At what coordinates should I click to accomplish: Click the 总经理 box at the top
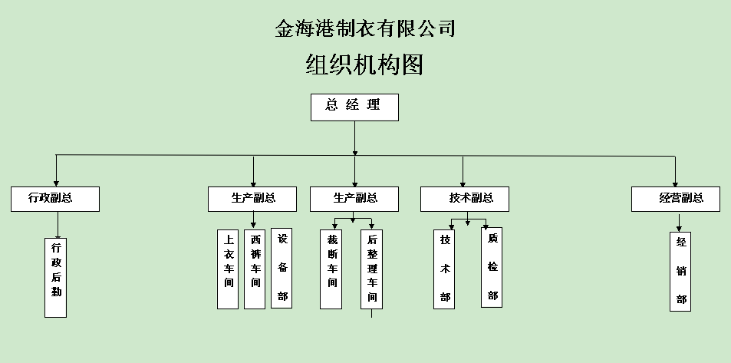click(x=354, y=107)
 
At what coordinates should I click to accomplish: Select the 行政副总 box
click(x=55, y=199)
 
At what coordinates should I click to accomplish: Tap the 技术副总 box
click(x=466, y=199)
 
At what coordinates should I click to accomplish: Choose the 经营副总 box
click(x=677, y=199)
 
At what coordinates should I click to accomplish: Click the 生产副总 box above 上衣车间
click(x=253, y=199)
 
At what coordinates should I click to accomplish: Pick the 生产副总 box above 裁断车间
click(x=354, y=199)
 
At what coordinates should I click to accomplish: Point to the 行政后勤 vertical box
click(x=56, y=276)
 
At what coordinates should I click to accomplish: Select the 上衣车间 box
click(x=228, y=269)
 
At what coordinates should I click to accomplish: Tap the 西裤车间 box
click(x=255, y=269)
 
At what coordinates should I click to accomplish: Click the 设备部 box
click(x=282, y=269)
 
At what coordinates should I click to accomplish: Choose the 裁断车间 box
click(x=331, y=269)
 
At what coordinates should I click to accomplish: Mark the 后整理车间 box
click(x=371, y=269)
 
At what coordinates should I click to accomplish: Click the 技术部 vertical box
click(x=444, y=269)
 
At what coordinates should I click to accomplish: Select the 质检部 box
click(x=492, y=267)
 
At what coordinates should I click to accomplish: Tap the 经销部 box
click(x=680, y=271)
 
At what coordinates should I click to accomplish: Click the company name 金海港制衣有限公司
click(x=365, y=29)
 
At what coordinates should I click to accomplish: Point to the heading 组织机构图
click(x=364, y=65)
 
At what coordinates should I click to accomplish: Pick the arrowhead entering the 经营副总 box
click(x=675, y=182)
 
